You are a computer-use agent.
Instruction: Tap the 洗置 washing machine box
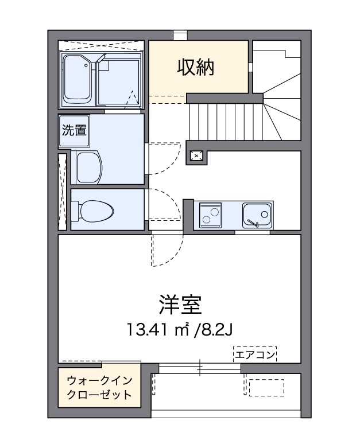pos(73,131)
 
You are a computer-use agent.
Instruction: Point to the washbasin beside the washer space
pos(88,168)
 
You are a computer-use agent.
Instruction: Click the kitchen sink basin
pos(256,215)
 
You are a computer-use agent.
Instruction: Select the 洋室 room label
pos(180,305)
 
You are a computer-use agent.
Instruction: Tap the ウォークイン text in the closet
pos(100,381)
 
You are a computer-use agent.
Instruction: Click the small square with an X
pos(197,155)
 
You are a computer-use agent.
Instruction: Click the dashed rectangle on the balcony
pos(266,387)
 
